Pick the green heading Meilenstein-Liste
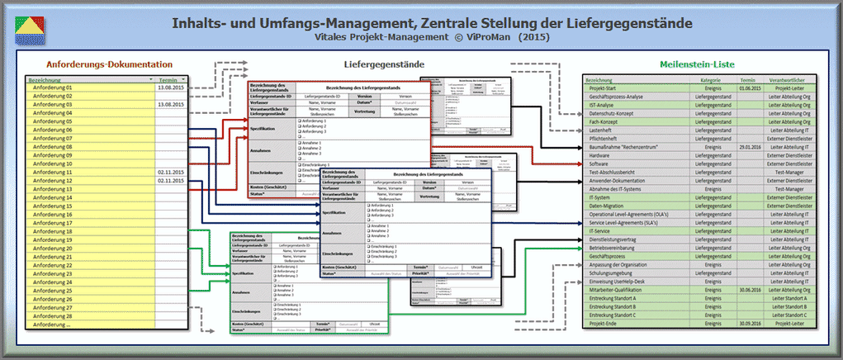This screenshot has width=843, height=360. tap(698, 64)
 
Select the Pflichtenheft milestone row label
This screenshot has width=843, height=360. tap(607, 138)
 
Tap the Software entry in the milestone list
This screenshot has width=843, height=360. tap(600, 163)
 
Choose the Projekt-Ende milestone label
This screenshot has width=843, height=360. tap(606, 324)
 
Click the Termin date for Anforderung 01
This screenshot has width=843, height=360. tap(170, 88)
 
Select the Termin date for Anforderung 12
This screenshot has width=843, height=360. tap(170, 181)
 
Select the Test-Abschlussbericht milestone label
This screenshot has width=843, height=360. tap(617, 172)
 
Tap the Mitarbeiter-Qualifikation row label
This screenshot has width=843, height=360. tap(620, 290)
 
